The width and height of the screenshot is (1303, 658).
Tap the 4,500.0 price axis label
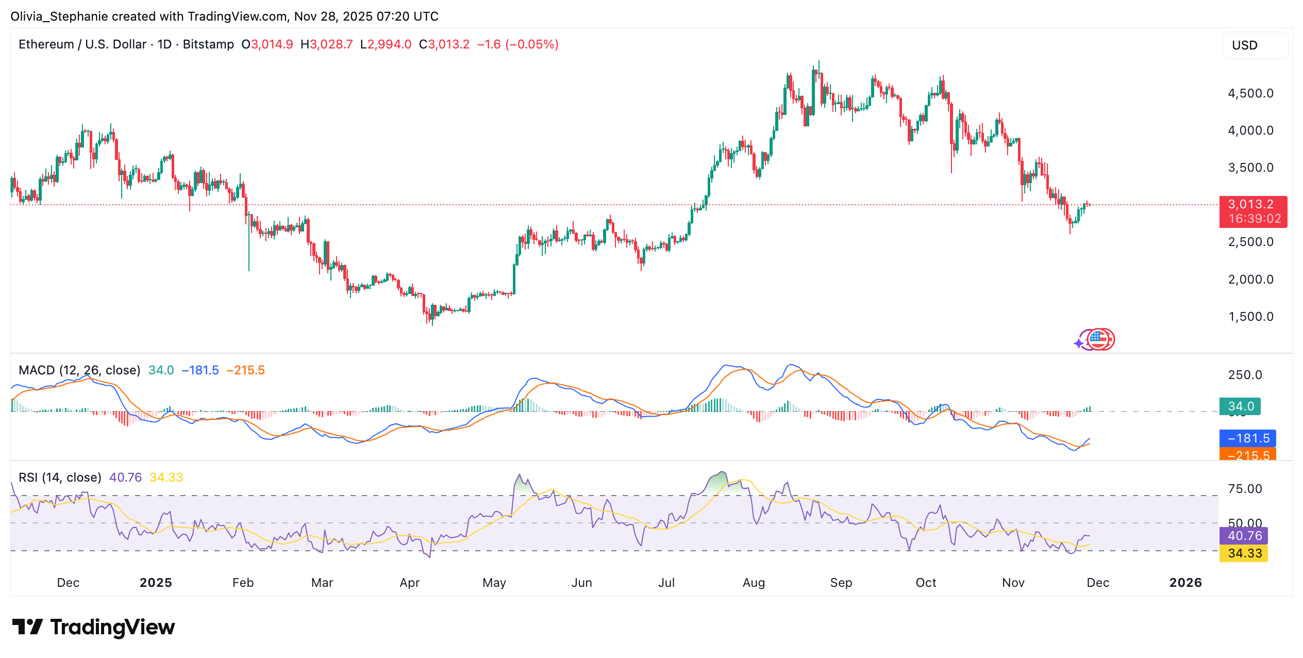[1250, 93]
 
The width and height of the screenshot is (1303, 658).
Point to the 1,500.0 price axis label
[1250, 317]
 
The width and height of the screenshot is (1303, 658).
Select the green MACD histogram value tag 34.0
[1240, 406]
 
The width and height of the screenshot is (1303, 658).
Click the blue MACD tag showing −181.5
[1247, 438]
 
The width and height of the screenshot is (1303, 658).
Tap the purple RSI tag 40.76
[1243, 536]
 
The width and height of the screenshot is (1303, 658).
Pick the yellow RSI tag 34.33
[1243, 553]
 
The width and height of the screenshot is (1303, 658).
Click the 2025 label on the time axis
[156, 583]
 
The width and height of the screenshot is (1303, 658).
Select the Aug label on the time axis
[754, 583]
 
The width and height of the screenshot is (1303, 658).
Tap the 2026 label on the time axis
[1185, 583]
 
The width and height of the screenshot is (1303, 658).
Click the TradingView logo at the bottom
[94, 627]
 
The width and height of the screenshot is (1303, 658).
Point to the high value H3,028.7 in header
[327, 44]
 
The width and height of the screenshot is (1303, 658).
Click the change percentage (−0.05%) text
[532, 44]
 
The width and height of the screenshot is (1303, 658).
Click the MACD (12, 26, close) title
[79, 370]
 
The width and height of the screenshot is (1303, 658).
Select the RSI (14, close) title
[60, 478]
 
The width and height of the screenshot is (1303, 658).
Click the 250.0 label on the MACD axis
[1245, 375]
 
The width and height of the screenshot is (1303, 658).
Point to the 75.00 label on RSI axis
[1245, 489]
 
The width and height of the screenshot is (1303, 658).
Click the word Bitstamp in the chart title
[208, 44]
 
